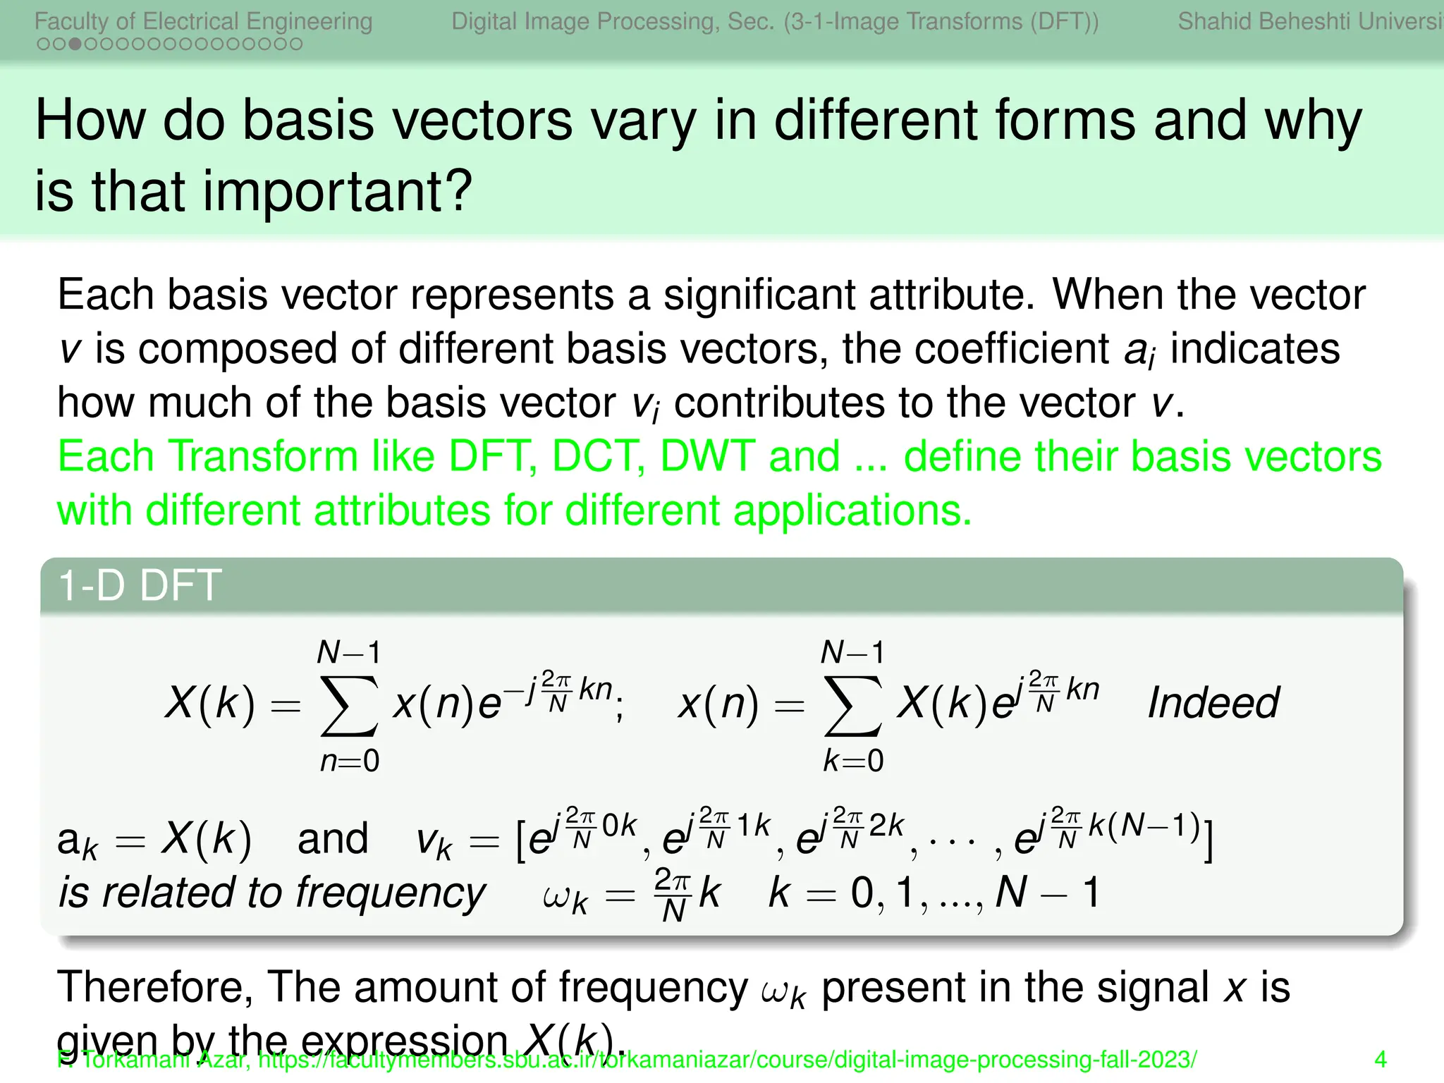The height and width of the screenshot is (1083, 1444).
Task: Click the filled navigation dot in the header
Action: click(x=74, y=44)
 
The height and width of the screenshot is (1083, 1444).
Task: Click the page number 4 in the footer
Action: click(x=1381, y=1059)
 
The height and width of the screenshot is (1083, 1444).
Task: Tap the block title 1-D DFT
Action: click(x=140, y=585)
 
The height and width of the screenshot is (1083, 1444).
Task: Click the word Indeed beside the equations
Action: click(x=1213, y=703)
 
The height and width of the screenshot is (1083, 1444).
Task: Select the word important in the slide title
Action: click(x=337, y=192)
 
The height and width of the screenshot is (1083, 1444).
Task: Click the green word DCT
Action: click(x=599, y=456)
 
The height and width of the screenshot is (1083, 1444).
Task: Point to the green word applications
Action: click(x=852, y=510)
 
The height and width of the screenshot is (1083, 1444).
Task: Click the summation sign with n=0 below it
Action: click(x=350, y=705)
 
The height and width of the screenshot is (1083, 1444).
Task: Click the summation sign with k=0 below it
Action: click(x=853, y=705)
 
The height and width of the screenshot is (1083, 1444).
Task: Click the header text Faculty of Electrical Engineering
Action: click(x=203, y=21)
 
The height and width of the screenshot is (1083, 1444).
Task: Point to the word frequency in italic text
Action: click(x=391, y=893)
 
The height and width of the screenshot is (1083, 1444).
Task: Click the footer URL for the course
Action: click(x=726, y=1060)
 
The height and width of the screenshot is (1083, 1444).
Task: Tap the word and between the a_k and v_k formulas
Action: click(x=333, y=838)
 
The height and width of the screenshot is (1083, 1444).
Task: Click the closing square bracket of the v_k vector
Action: click(x=1209, y=838)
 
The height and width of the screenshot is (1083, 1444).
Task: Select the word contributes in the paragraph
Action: click(x=779, y=403)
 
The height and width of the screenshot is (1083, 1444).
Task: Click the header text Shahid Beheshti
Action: click(x=1262, y=21)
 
